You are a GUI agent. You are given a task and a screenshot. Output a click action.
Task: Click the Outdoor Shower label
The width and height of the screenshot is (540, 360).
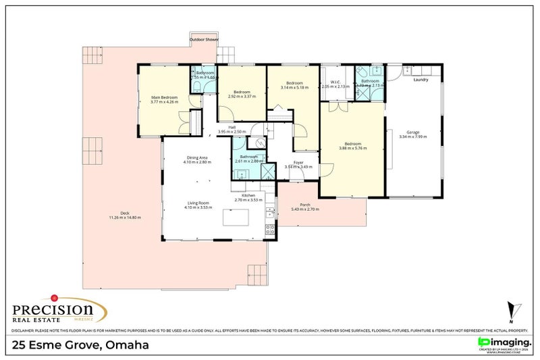tap(205, 40)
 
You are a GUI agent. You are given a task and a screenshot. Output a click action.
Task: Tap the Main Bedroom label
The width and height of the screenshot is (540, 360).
tap(164, 98)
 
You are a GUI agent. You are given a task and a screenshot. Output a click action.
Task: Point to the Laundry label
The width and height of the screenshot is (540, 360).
tap(421, 80)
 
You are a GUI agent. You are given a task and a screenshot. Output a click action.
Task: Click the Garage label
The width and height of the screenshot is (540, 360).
tap(414, 132)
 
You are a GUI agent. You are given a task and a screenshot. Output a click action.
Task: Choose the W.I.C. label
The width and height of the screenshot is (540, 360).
tap(335, 82)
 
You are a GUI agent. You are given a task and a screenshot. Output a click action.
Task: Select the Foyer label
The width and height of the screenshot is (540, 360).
tap(298, 162)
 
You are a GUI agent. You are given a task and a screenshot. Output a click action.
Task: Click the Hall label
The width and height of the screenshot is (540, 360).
tap(232, 127)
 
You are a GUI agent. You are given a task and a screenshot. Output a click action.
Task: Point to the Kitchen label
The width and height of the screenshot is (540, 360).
tap(247, 195)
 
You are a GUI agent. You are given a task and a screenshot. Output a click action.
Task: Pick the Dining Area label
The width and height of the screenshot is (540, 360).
tap(197, 158)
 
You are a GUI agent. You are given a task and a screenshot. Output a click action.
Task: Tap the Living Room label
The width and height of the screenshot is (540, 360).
tap(198, 203)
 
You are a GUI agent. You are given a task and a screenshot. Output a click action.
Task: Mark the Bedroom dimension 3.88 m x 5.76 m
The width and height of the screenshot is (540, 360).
tap(353, 148)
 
